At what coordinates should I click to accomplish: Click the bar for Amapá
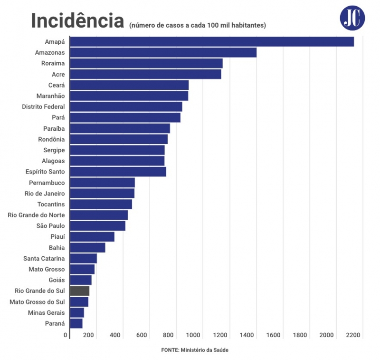(211, 42)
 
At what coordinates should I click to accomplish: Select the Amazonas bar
(163, 52)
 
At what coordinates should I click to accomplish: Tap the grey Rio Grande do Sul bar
(79, 291)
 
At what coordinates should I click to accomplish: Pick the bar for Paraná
(76, 323)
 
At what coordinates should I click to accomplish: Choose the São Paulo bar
(97, 226)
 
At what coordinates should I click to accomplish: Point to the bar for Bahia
(87, 248)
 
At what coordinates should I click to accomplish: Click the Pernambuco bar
(102, 183)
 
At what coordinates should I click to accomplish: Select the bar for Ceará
(129, 85)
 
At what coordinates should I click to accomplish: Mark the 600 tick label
(142, 335)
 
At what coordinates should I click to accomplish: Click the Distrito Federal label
(43, 107)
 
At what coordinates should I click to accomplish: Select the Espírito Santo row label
(45, 172)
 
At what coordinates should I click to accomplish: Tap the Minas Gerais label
(47, 312)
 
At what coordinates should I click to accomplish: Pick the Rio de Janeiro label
(45, 194)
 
